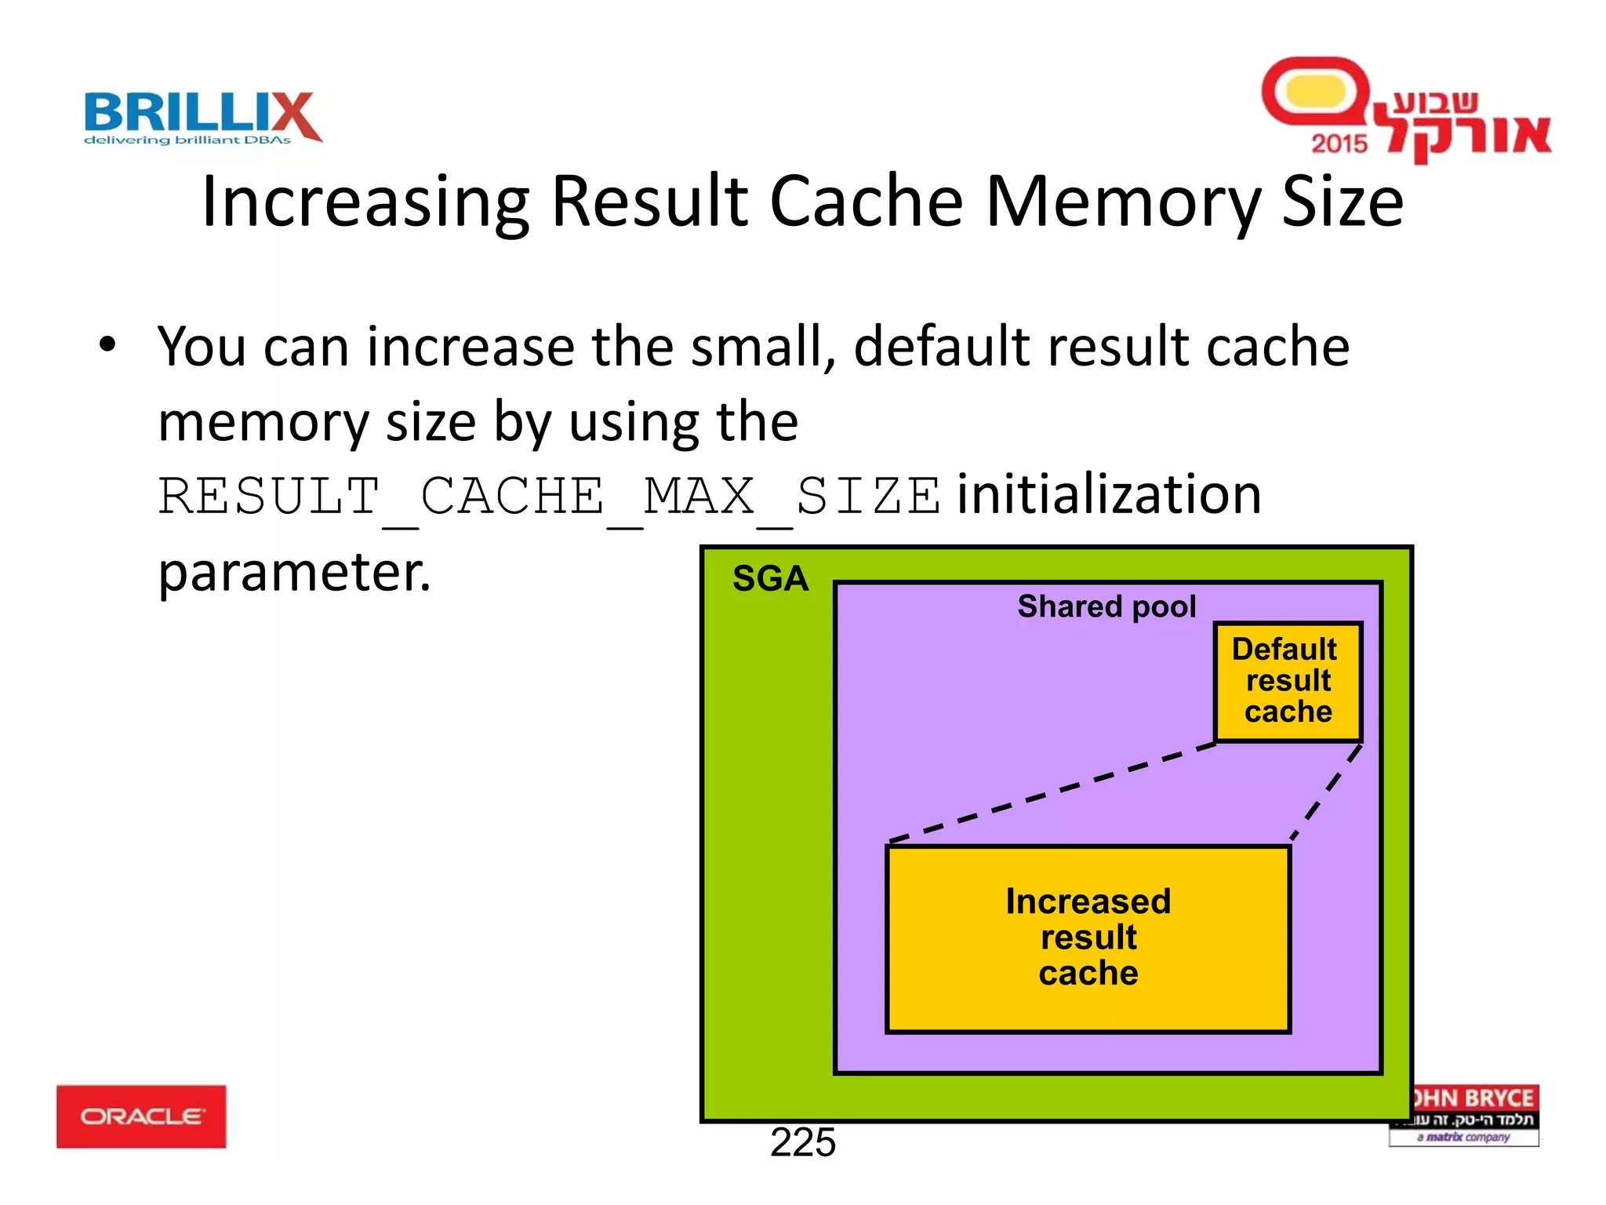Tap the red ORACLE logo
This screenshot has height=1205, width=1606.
tap(141, 1116)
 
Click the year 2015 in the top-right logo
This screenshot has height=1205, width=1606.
tap(1339, 144)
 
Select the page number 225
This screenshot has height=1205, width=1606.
tap(802, 1142)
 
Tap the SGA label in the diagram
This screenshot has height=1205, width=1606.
tap(770, 579)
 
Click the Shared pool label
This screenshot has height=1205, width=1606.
tap(1106, 606)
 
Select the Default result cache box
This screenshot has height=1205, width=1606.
tap(1288, 681)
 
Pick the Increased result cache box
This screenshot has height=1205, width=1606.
tap(1088, 938)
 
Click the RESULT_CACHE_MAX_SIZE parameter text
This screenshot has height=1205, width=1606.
tap(549, 497)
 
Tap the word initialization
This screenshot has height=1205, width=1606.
tap(1109, 495)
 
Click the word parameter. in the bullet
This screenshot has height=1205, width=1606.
tap(295, 572)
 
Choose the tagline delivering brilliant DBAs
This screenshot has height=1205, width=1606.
tap(187, 140)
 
